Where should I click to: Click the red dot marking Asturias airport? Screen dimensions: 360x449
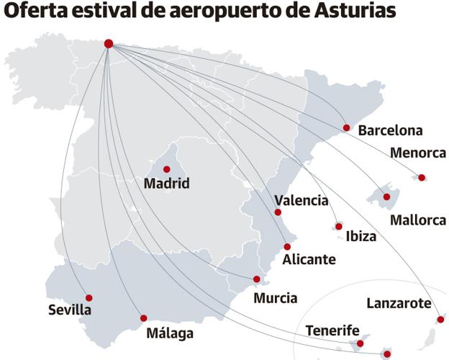click(109, 43)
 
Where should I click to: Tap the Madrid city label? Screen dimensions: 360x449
click(166, 184)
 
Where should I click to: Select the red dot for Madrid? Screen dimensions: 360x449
click(166, 169)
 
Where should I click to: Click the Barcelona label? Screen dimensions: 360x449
click(390, 130)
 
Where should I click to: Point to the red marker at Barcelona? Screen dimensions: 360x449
click(346, 127)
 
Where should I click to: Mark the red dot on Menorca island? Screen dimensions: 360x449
click(422, 177)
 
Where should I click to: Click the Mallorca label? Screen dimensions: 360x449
click(417, 220)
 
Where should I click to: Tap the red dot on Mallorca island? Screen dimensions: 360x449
click(386, 197)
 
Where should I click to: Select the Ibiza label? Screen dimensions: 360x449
click(360, 235)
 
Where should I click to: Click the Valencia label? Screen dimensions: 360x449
click(301, 201)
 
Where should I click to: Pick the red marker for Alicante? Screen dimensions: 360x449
click(287, 246)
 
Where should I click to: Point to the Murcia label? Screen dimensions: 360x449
click(276, 297)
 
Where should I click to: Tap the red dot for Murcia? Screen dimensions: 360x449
click(257, 279)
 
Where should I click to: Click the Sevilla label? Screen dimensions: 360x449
click(70, 310)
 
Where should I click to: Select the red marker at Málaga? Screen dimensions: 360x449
click(143, 318)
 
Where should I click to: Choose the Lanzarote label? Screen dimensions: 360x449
click(399, 303)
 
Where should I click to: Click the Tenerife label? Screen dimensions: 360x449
click(332, 330)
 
